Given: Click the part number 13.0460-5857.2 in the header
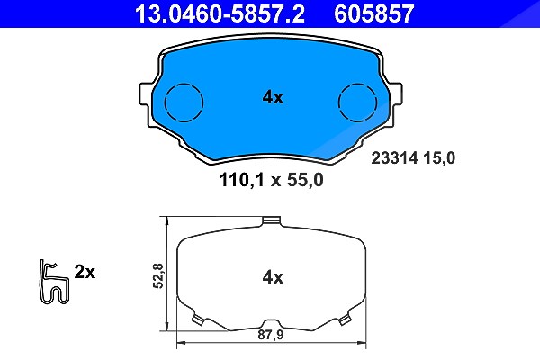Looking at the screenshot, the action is (x=220, y=13).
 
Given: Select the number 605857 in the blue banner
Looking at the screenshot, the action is (x=374, y=13).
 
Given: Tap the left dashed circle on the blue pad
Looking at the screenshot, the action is (x=184, y=103).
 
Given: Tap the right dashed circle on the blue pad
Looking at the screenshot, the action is (x=357, y=103).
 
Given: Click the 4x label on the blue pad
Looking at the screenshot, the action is (x=273, y=97).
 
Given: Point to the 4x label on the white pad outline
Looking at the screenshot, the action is (x=273, y=277).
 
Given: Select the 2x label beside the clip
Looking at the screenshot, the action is (x=85, y=272).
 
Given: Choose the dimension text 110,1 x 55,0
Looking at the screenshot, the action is (x=272, y=180).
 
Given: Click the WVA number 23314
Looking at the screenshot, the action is (x=394, y=158).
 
